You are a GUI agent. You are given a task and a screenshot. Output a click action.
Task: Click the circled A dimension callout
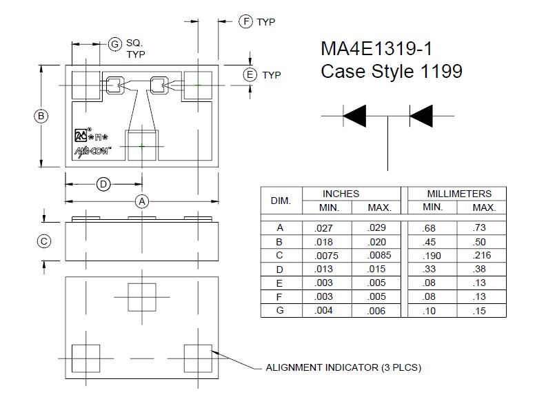pyautogui.click(x=142, y=201)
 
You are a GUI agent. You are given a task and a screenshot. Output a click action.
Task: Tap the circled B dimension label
pyautogui.click(x=41, y=116)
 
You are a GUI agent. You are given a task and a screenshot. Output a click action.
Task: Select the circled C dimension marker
pyautogui.click(x=44, y=241)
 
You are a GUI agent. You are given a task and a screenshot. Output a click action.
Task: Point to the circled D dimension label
pyautogui.click(x=103, y=184)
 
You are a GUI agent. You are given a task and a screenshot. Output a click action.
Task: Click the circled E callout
pyautogui.click(x=250, y=74)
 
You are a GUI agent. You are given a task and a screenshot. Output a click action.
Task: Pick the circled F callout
pyautogui.click(x=246, y=21)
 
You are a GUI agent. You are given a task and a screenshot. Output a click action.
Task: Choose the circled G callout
pyautogui.click(x=115, y=44)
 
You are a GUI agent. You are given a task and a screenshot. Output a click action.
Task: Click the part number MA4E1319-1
pyautogui.click(x=376, y=48)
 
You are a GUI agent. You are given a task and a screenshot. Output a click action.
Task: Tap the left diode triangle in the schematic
pyautogui.click(x=354, y=116)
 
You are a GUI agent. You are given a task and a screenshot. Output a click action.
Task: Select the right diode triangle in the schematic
pyautogui.click(x=421, y=116)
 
